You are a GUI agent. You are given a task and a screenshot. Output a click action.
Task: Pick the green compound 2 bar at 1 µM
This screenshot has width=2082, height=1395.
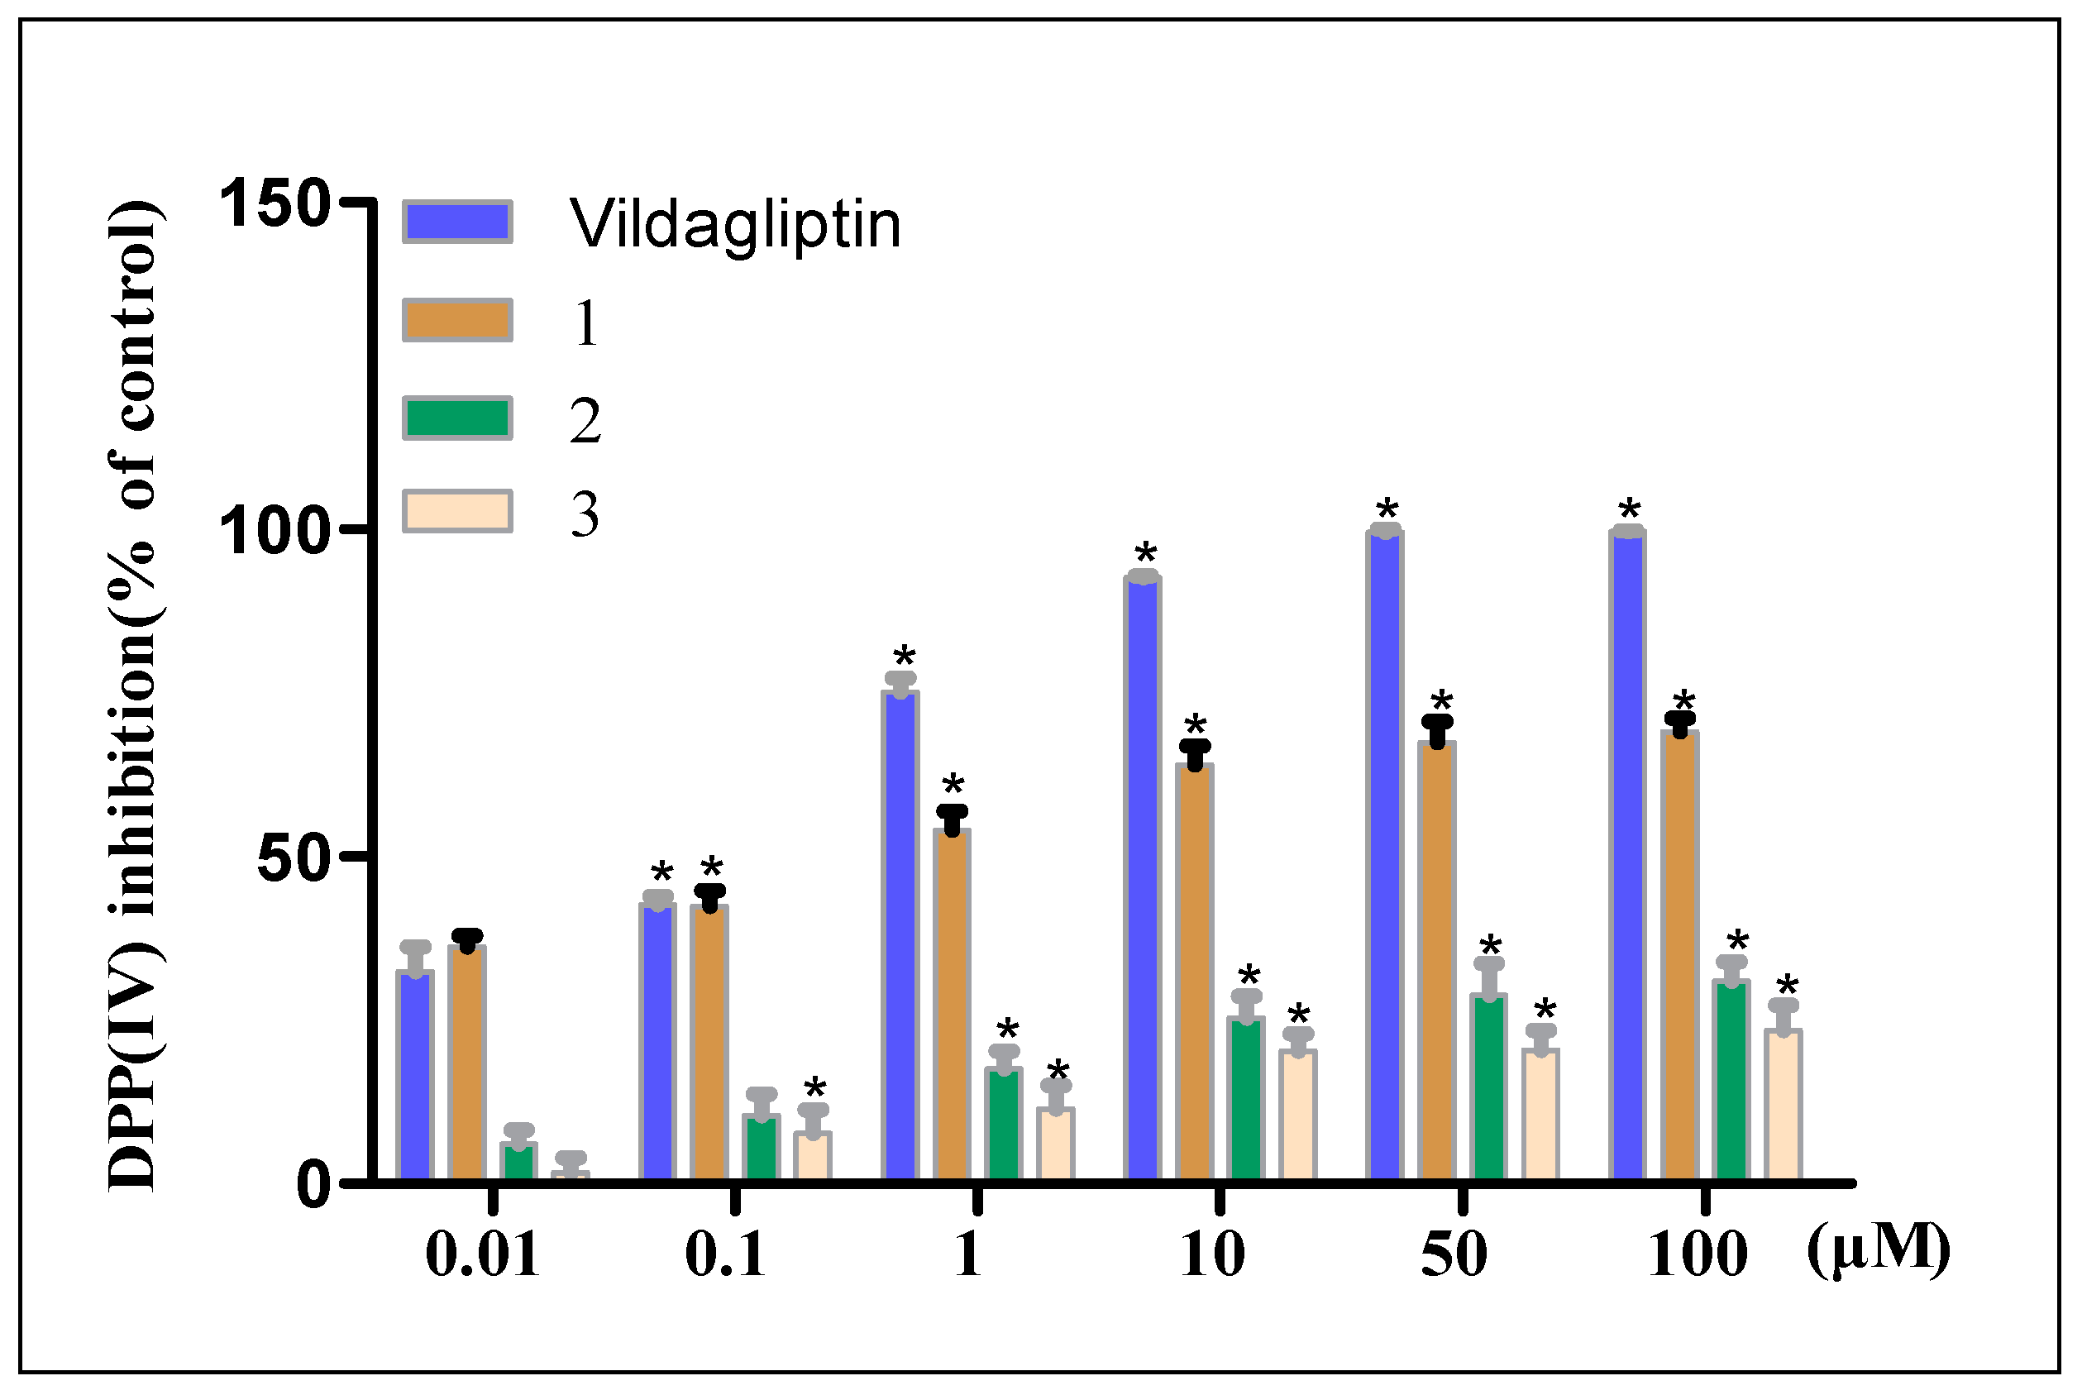(1003, 1125)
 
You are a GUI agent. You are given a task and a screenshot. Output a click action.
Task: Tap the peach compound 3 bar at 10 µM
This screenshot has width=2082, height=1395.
(1297, 1116)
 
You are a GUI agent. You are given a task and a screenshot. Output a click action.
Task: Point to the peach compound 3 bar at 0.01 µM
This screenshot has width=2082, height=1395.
(570, 1177)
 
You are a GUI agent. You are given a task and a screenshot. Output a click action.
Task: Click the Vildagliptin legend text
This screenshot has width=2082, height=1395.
(734, 224)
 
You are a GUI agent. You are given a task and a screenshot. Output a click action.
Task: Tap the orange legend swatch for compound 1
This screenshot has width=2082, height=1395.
(457, 320)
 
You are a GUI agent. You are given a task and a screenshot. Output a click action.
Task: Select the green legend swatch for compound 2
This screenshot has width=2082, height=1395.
(457, 418)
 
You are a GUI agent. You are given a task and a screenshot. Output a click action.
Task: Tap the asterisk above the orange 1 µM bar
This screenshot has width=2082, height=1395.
(953, 786)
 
